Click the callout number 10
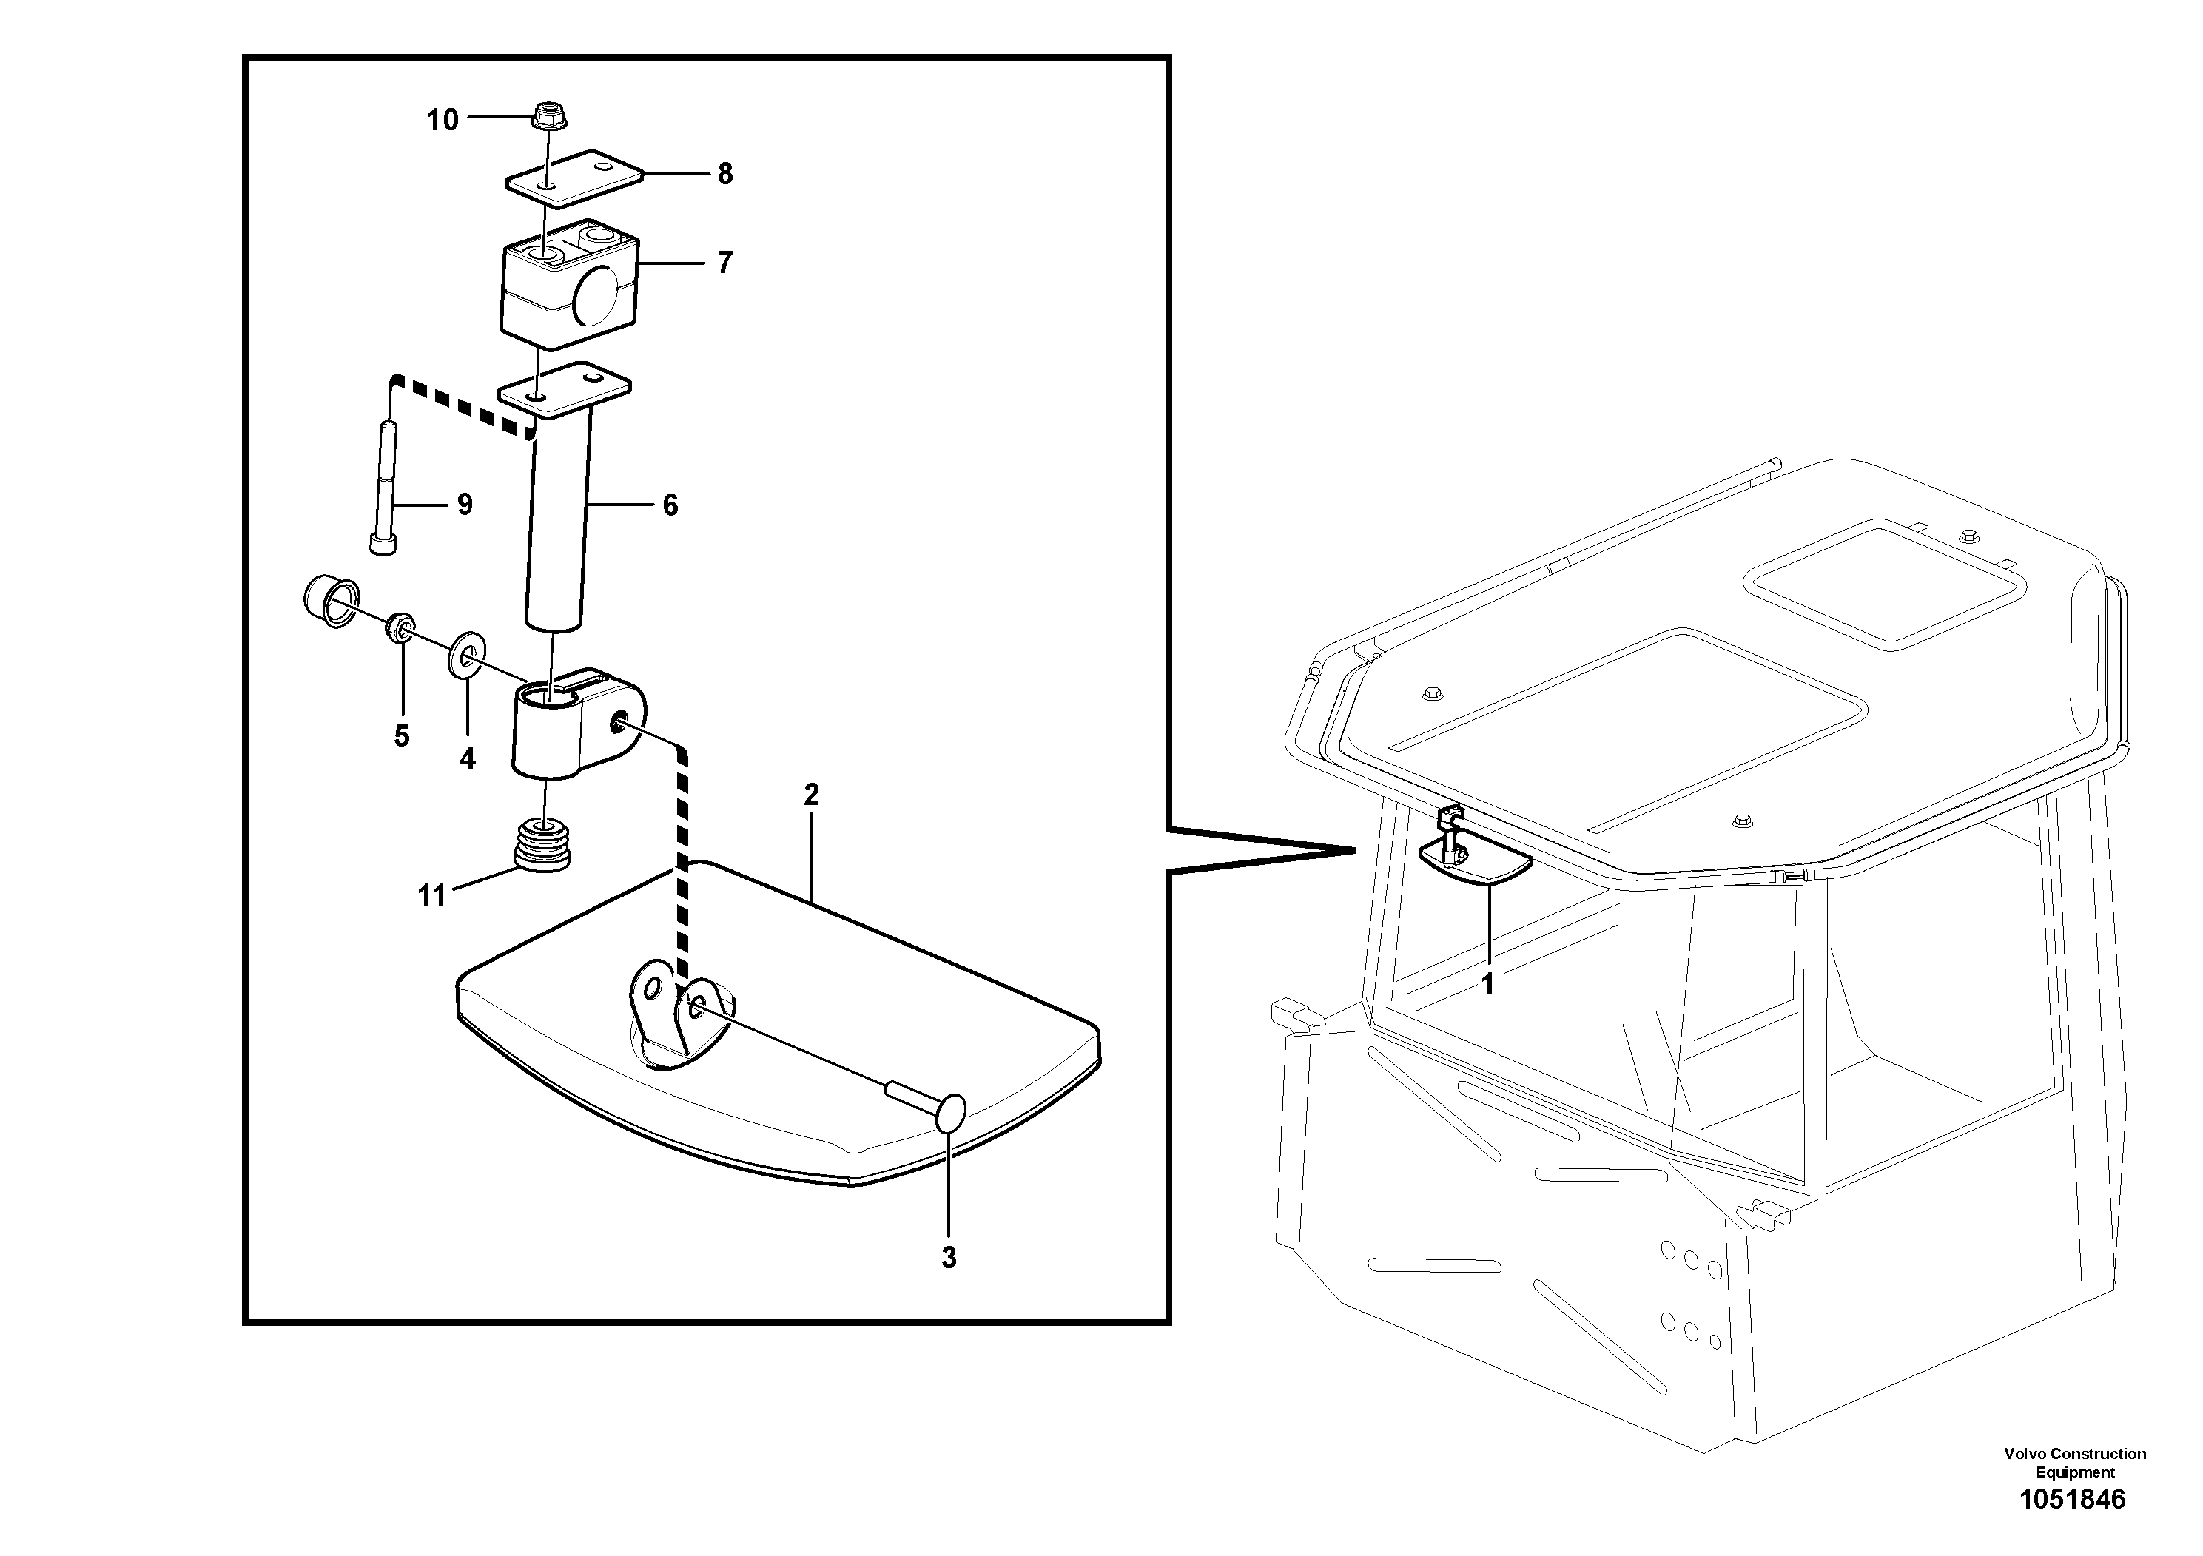pos(443,121)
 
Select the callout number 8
pos(724,175)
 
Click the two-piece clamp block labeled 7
pos(569,283)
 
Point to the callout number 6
pos(670,505)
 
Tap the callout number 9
pos(465,505)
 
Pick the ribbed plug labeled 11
pos(543,844)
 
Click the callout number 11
pos(431,895)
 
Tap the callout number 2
pos(811,795)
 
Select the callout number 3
pos(948,1258)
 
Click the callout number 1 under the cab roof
pos(1487,984)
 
